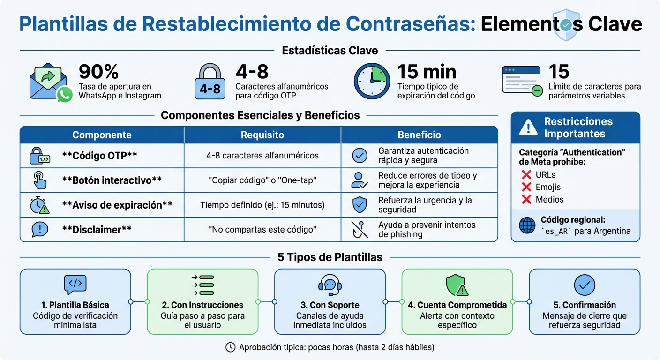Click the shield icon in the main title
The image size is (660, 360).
[x=566, y=24]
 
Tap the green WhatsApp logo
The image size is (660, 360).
[x=64, y=95]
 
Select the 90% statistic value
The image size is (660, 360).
[x=98, y=72]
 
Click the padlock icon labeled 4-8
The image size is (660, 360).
[x=210, y=82]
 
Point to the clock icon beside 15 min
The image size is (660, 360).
[x=372, y=81]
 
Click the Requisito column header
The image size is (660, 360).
[x=262, y=135]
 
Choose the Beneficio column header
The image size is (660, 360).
[x=419, y=135]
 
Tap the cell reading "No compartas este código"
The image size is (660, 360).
[x=262, y=230]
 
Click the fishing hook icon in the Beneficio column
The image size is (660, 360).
[x=360, y=229]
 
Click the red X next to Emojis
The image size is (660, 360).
[x=526, y=187]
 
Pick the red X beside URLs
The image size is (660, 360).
[x=526, y=175]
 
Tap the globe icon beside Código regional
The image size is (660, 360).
[x=527, y=225]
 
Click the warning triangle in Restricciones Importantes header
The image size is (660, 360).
[x=528, y=127]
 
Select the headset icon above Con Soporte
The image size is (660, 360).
[x=330, y=285]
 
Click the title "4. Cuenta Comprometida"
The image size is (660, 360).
[x=457, y=305]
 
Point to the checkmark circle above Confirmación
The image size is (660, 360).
[x=585, y=285]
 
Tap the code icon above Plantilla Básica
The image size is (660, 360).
[x=75, y=284]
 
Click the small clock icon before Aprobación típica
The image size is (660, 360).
[x=230, y=347]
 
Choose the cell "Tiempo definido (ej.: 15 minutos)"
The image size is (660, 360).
[x=262, y=205]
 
